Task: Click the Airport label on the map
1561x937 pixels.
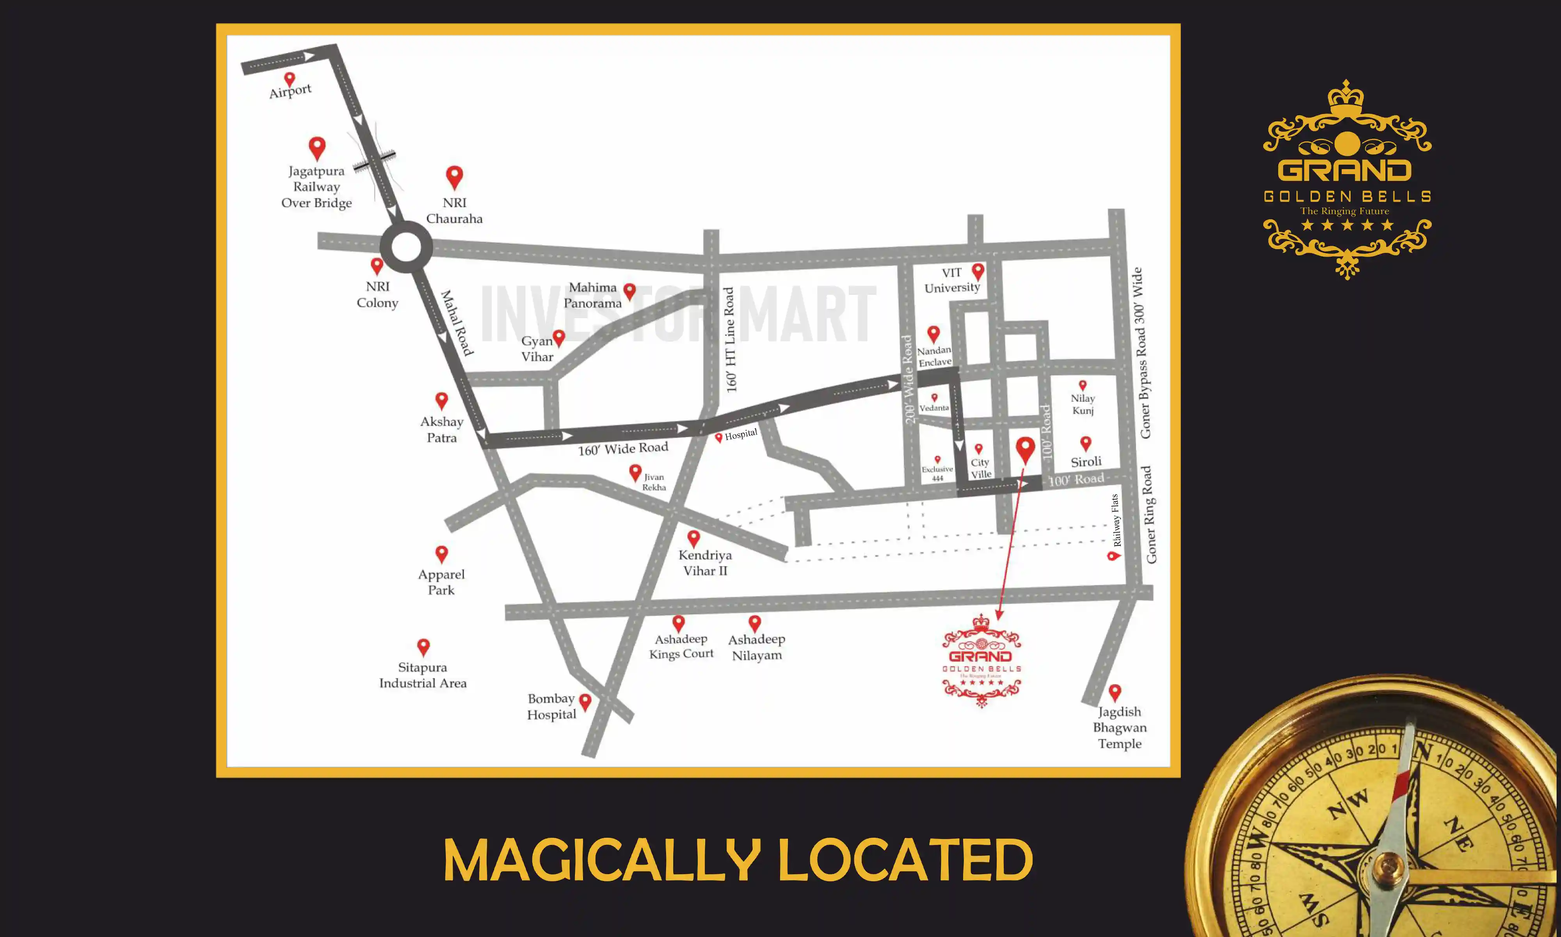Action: (x=290, y=91)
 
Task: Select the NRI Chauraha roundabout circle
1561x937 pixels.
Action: (x=406, y=247)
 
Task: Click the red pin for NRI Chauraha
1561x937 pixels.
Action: (x=454, y=177)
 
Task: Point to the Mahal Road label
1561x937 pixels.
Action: (x=456, y=322)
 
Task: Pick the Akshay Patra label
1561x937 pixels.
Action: (x=442, y=429)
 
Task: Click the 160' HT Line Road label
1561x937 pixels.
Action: (x=731, y=340)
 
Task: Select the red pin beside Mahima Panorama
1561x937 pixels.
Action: (x=629, y=291)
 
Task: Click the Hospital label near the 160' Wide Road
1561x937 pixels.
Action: (x=740, y=435)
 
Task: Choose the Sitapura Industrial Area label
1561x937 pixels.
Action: (x=423, y=675)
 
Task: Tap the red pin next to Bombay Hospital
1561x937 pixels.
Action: (x=585, y=702)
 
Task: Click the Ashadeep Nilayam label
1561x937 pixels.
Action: (x=757, y=647)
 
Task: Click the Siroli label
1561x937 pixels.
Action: (x=1086, y=461)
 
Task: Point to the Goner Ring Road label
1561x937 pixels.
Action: (x=1150, y=515)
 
